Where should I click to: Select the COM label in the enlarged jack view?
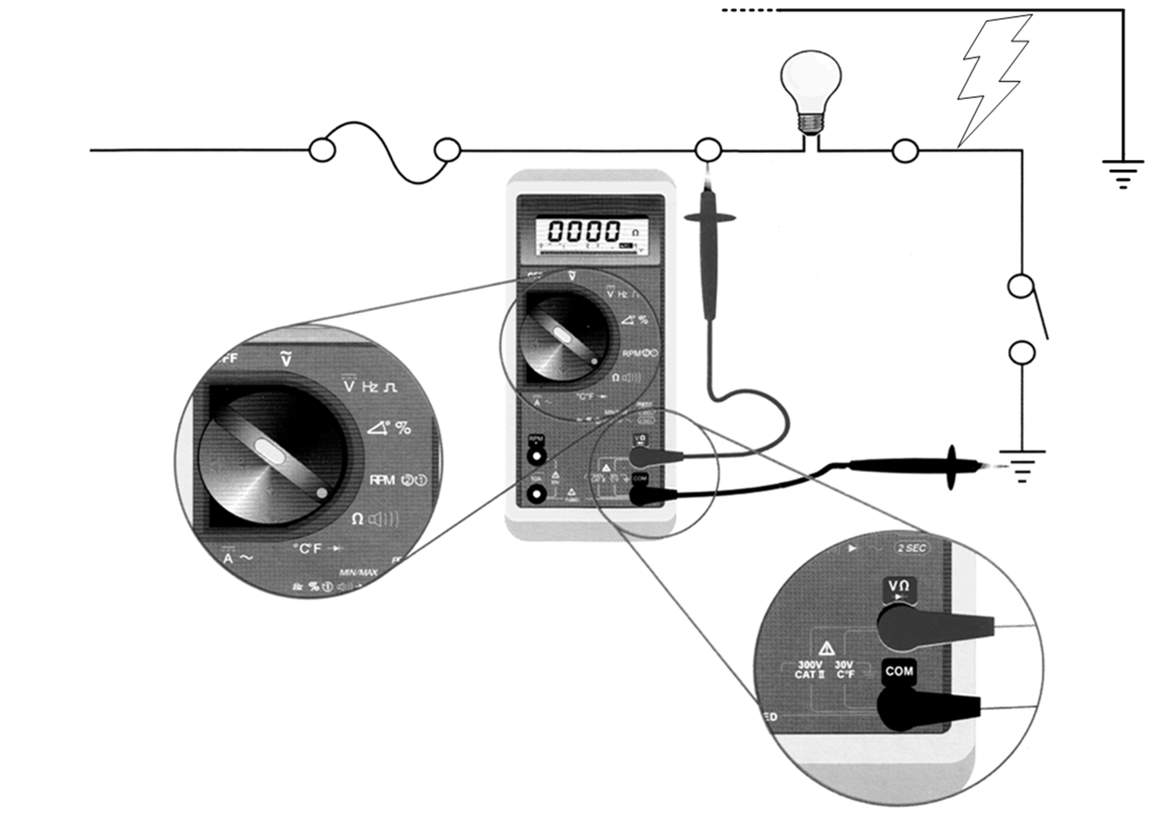pos(898,671)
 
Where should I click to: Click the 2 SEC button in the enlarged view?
pos(912,548)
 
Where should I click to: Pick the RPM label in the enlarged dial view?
pos(382,480)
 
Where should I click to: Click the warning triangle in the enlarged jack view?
pos(826,647)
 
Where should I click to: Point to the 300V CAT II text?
pos(810,669)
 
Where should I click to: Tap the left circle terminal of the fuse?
pos(322,150)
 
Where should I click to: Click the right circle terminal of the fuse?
pos(447,151)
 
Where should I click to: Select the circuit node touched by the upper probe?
pos(708,150)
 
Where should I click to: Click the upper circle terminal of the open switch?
pos(1020,286)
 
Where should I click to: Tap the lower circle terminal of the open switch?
pos(1021,352)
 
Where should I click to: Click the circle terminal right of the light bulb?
pos(905,152)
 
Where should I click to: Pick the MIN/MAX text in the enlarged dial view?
pos(359,573)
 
